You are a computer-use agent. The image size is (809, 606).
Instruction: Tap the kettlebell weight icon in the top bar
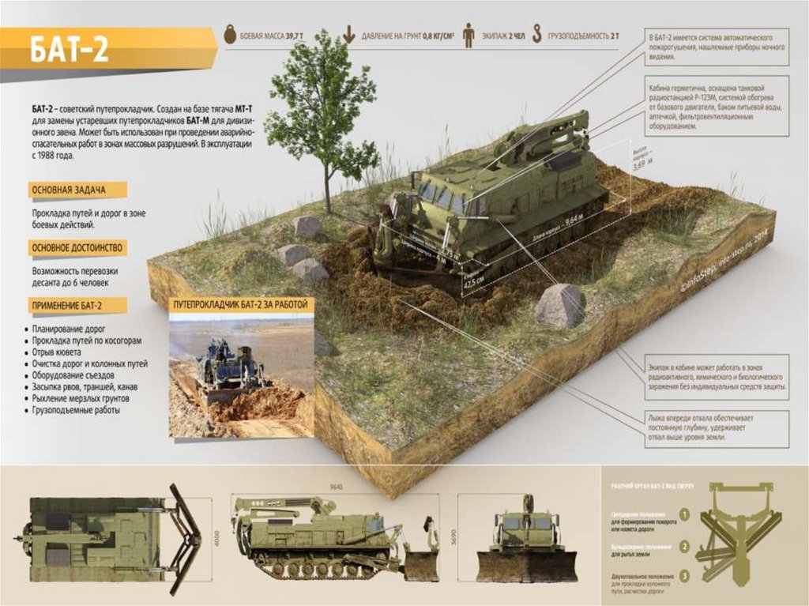point(231,36)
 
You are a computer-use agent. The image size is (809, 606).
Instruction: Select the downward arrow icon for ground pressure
point(348,36)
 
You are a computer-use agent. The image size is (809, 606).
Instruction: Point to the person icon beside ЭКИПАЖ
point(467,36)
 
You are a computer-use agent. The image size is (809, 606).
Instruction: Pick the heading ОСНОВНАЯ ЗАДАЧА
point(68,190)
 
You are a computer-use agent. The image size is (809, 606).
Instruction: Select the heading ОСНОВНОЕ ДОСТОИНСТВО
point(77,248)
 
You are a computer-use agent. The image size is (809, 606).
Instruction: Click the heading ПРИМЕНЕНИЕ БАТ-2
point(68,305)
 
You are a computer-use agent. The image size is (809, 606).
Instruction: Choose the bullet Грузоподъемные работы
point(76,411)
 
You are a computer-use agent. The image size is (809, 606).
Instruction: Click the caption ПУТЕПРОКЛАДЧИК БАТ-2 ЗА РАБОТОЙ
point(241,304)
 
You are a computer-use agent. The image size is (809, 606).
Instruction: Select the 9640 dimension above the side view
point(338,487)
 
